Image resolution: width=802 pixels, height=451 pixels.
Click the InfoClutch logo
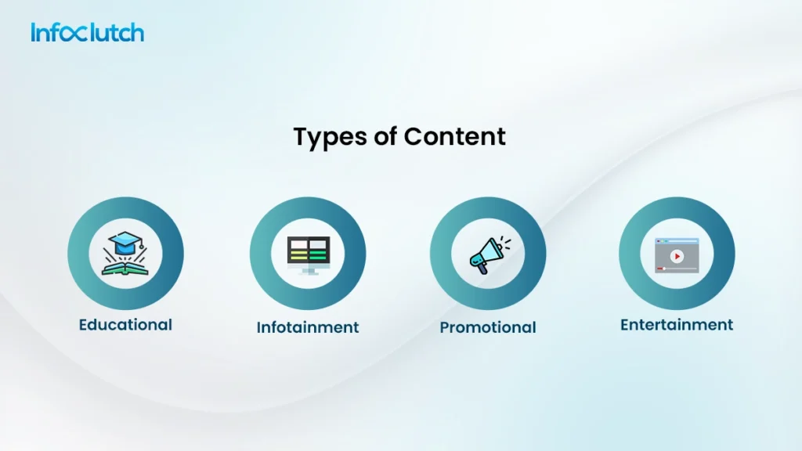click(x=87, y=33)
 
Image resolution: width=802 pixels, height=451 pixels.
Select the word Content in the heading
click(x=454, y=136)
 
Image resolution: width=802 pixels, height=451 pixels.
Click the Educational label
click(x=125, y=324)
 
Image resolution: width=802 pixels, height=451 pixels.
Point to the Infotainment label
click(x=308, y=327)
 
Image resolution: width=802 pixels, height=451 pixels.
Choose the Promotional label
click(x=488, y=327)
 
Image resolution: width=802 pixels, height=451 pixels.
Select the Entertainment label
click(x=677, y=324)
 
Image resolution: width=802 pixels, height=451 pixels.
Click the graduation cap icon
click(x=125, y=243)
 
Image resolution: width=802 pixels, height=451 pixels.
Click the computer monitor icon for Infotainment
click(x=308, y=252)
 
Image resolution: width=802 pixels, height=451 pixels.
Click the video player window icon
click(x=677, y=255)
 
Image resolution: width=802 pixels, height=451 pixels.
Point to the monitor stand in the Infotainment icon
click(x=309, y=271)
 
